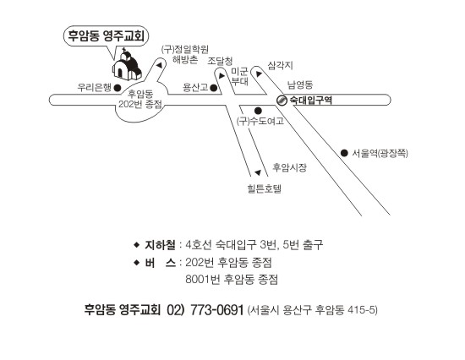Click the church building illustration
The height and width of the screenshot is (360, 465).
point(127,65)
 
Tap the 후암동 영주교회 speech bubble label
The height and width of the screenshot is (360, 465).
point(107,35)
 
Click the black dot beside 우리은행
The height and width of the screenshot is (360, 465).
point(118,88)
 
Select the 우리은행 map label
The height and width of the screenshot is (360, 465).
point(94,88)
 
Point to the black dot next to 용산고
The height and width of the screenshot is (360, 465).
point(213,88)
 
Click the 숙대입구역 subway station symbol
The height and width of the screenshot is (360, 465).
point(282,101)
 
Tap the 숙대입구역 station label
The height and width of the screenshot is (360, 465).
point(310,101)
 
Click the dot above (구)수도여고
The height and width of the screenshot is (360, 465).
point(258,111)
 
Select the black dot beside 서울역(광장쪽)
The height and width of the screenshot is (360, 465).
point(344,153)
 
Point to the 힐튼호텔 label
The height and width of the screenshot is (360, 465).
point(265,188)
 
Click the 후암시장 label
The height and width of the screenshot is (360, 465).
point(289,167)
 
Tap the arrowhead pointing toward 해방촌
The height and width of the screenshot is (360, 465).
point(160,65)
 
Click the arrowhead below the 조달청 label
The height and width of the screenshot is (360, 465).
point(222,76)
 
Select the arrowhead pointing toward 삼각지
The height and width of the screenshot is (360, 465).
point(259,74)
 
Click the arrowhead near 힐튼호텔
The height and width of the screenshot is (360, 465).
point(258,172)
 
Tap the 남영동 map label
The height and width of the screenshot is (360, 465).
point(300,85)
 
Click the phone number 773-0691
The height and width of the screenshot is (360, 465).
point(216,310)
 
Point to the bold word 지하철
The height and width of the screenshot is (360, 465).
point(160,245)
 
